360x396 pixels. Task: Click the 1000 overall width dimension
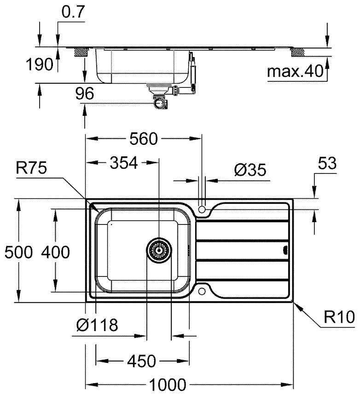pos(168,385)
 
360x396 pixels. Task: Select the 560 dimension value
pos(143,138)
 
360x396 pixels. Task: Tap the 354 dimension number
pos(124,163)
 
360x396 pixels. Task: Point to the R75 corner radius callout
pos(31,167)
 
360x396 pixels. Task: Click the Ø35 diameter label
pos(250,170)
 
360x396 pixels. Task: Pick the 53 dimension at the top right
pos(327,163)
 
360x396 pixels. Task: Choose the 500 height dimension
pos(19,252)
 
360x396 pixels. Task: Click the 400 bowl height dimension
pos(55,252)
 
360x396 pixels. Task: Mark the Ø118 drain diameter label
pos(97,325)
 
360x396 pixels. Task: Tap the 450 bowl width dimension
pos(142,361)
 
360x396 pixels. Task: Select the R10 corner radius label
pos(339,317)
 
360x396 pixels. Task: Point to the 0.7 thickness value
pos(73,12)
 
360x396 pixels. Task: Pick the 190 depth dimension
pos(40,64)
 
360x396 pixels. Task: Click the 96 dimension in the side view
pos(84,93)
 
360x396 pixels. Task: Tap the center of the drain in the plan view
pos(159,250)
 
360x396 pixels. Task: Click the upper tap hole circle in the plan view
pos(202,209)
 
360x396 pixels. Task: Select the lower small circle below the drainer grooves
pos(202,291)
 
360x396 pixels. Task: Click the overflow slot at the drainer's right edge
pos(285,250)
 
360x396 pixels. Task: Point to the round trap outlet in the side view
pos(160,103)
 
